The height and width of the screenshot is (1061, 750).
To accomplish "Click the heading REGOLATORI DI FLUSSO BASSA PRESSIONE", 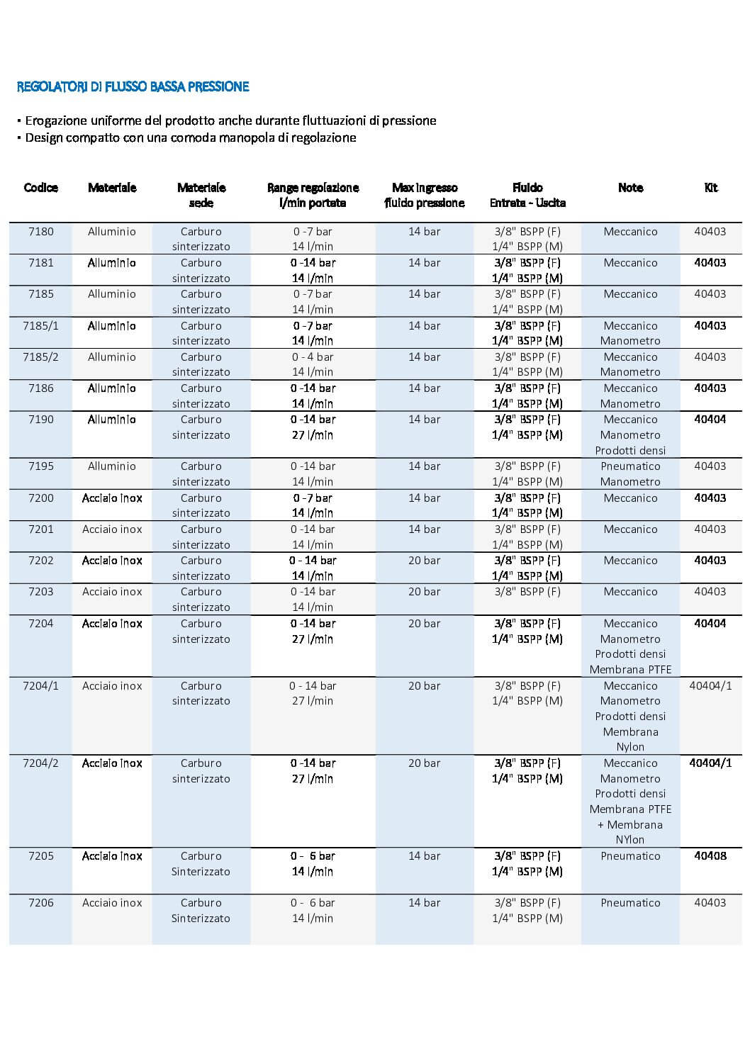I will click(133, 86).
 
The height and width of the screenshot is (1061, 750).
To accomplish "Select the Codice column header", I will click(40, 188).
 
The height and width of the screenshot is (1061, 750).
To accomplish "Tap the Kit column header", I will click(710, 188).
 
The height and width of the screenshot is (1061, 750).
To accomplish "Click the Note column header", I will click(630, 188).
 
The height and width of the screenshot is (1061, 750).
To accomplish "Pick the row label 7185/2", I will click(40, 357).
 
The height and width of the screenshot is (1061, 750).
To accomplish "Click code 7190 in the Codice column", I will click(40, 420).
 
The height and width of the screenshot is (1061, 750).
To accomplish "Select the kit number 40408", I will click(710, 856).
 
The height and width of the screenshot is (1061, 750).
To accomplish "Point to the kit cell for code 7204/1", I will click(710, 686).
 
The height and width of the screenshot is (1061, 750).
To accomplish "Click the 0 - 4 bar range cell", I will click(313, 357).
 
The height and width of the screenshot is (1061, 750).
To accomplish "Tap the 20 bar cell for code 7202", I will click(424, 561).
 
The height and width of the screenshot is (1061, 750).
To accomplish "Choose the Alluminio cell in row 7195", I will click(112, 466).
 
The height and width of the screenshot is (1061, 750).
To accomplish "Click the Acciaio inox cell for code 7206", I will click(112, 903).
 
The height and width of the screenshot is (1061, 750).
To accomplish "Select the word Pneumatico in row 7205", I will click(630, 856).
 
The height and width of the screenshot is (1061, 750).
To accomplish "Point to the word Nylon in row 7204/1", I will click(630, 747).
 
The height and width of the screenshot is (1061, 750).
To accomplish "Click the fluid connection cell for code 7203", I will click(527, 592).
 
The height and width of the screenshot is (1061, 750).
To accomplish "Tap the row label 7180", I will click(40, 232).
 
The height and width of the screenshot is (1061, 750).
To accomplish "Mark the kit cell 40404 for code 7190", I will click(710, 420).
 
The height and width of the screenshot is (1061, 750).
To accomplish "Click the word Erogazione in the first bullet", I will click(55, 120).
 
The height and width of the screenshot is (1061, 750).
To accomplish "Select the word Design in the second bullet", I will click(44, 137).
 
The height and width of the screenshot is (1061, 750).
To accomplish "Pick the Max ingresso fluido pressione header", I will click(424, 195).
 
